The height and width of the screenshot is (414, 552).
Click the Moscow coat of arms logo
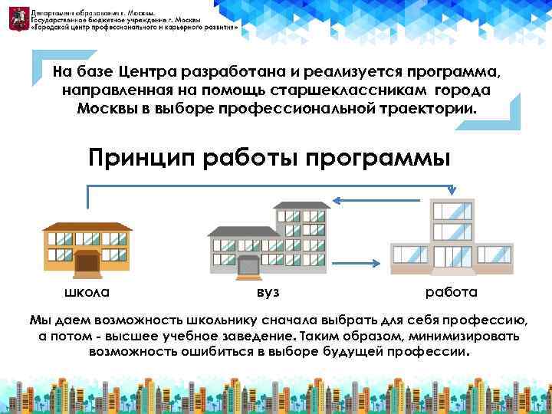click(17, 18)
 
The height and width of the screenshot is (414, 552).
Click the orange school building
click(87, 248)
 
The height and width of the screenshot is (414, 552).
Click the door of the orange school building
click(87, 264)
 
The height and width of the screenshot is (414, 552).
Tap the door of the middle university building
click(248, 267)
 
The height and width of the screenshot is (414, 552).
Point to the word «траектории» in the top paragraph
click(430, 108)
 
